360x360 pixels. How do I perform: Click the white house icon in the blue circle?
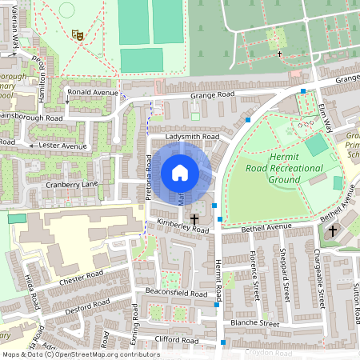click(x=180, y=173)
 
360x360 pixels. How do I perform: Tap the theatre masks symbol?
click(x=78, y=34)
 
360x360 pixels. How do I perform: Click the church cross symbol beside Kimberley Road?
click(x=194, y=218)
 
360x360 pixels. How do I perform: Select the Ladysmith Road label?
click(x=192, y=138)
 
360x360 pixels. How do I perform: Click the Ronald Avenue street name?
click(x=94, y=92)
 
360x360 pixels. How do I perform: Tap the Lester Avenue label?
click(x=62, y=146)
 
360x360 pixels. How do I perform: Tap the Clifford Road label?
click(x=176, y=341)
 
